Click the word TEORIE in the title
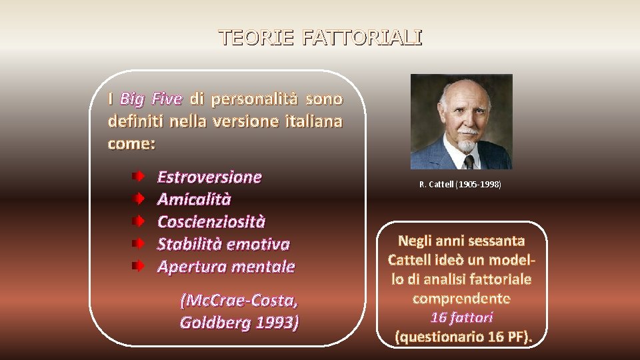pos(257,37)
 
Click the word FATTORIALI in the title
pos(361,37)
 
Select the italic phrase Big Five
pos(151,99)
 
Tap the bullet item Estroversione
pos(209,177)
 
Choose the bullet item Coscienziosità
pos(211,221)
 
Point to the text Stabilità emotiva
pos(223,244)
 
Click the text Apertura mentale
pos(225,267)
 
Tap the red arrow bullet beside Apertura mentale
pos(137,266)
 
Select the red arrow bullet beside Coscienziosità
pos(137,221)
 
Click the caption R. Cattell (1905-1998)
pos(460,184)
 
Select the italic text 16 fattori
pos(462,317)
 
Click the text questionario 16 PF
pos(462,336)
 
